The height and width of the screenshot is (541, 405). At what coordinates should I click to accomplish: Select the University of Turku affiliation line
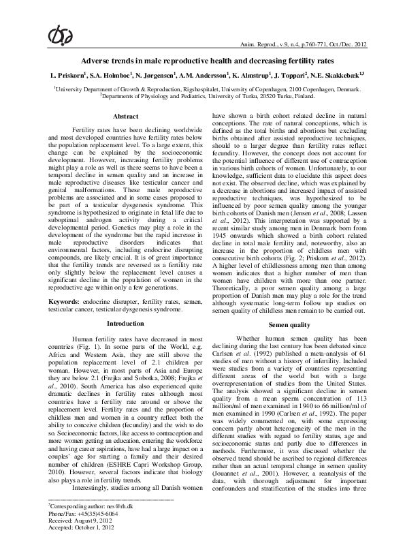(x=201, y=97)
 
